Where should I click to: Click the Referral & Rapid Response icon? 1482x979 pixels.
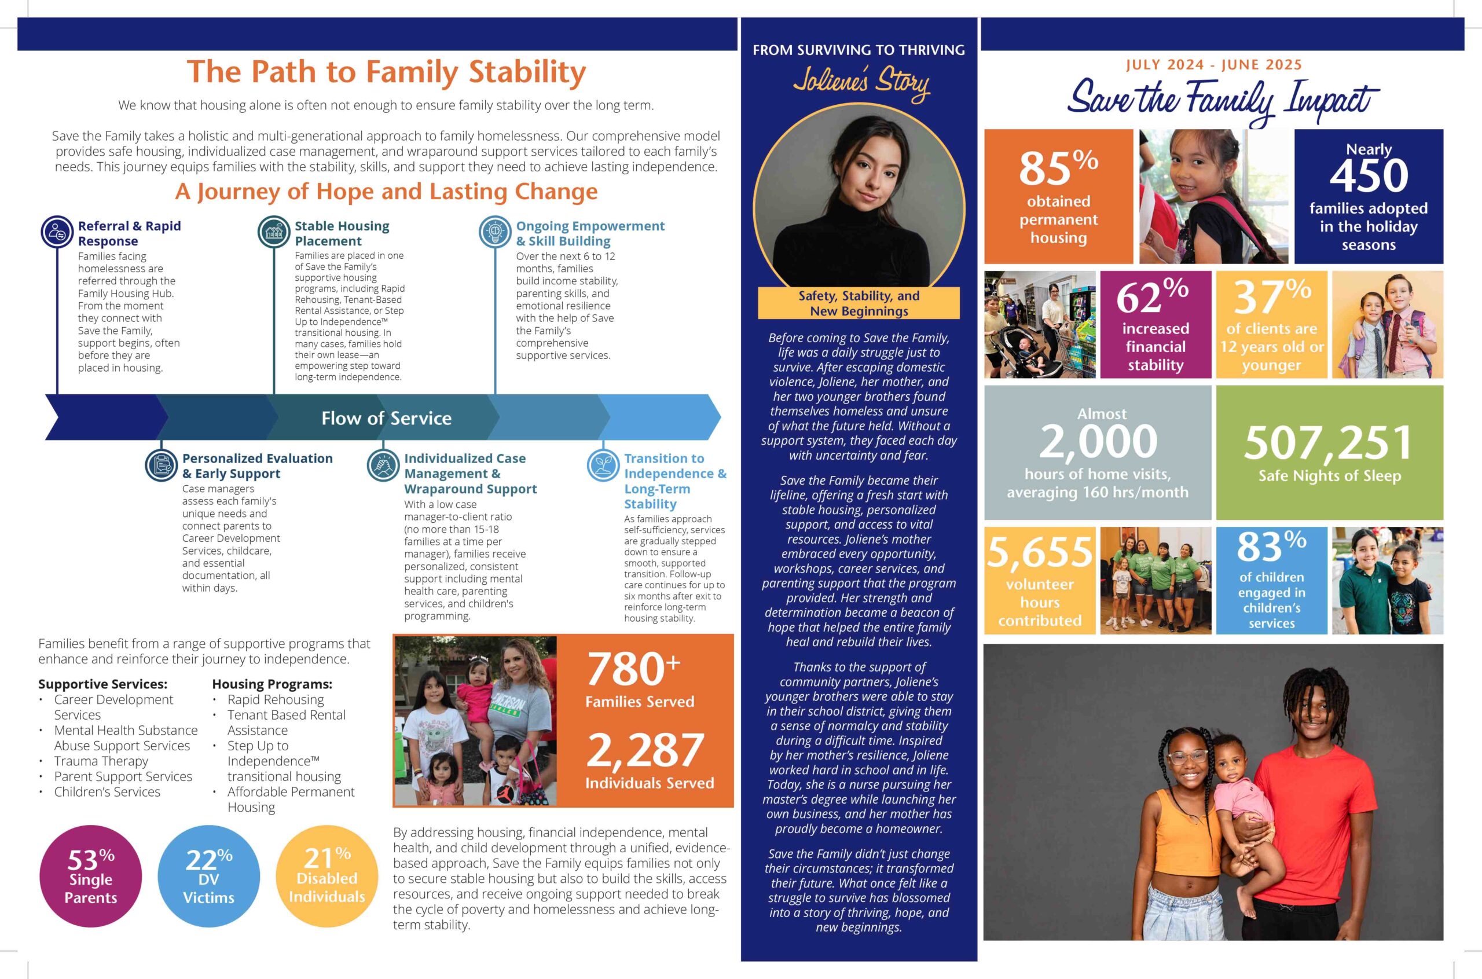tap(57, 232)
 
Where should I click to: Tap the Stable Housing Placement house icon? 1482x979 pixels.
tap(274, 232)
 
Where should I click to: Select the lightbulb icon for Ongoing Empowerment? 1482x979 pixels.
tap(495, 232)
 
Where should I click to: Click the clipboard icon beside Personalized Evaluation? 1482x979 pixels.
tap(161, 465)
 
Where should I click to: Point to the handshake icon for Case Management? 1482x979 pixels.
tap(383, 465)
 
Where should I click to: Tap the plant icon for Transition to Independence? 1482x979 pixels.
tap(603, 465)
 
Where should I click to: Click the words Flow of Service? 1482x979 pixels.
tap(386, 419)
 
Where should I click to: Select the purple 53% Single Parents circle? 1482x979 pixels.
tap(90, 877)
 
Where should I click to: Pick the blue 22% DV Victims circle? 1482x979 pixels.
tap(208, 877)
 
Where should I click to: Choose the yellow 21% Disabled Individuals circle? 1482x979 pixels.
tap(327, 876)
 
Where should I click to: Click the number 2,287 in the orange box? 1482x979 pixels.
tap(645, 751)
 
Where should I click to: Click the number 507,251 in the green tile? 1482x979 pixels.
tap(1329, 443)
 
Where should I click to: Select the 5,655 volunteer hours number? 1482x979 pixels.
tap(1039, 552)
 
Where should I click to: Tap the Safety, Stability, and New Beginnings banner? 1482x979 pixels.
tap(859, 303)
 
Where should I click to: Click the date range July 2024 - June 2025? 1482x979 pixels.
tap(1213, 65)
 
